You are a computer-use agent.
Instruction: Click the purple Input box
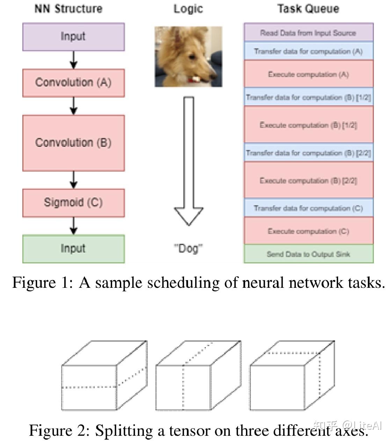click(x=74, y=37)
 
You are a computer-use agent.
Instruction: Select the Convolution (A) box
click(x=74, y=83)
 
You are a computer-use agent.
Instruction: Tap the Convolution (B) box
click(x=74, y=143)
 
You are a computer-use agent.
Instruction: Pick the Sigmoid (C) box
click(x=74, y=203)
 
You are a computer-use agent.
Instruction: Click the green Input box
click(x=74, y=249)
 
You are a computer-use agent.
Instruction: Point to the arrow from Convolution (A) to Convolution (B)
click(x=74, y=106)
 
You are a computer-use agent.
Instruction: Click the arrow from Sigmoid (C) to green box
click(x=74, y=226)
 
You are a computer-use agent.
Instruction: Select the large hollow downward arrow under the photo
click(x=189, y=161)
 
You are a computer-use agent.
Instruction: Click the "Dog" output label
click(x=188, y=248)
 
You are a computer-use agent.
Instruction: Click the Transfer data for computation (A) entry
click(x=308, y=51)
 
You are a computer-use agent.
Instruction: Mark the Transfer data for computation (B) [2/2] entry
click(x=308, y=152)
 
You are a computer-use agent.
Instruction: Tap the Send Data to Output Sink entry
click(x=308, y=254)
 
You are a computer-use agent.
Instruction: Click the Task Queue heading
click(x=308, y=9)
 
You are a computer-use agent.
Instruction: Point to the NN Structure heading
click(x=68, y=9)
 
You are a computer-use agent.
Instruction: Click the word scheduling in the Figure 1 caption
click(x=183, y=283)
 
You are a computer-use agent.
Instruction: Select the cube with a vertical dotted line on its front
click(x=198, y=375)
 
